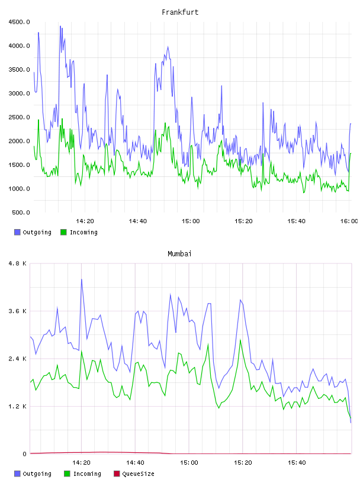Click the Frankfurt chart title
pos(180,12)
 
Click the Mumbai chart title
pos(179,254)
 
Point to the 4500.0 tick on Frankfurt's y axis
pos(20,22)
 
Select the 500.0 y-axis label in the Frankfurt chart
pos(21,212)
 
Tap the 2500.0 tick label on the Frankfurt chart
pos(20,117)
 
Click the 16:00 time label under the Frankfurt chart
pos(349,221)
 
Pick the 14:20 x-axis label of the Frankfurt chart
pos(85,221)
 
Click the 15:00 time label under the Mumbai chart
pos(189,463)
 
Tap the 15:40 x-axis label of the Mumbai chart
pos(297,463)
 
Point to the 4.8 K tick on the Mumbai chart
pos(18,263)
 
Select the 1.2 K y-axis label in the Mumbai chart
pos(18,407)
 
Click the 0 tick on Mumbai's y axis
pos(25,454)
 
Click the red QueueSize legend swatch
pos(117,474)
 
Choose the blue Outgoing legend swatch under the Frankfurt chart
pos(17,232)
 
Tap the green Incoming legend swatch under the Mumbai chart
pos(67,474)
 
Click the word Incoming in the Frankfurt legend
pos(83,233)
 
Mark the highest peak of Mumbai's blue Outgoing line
pos(82,279)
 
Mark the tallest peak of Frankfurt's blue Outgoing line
pos(60,26)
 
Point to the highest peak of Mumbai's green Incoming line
pos(240,340)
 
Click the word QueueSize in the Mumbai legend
pos(139,474)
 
